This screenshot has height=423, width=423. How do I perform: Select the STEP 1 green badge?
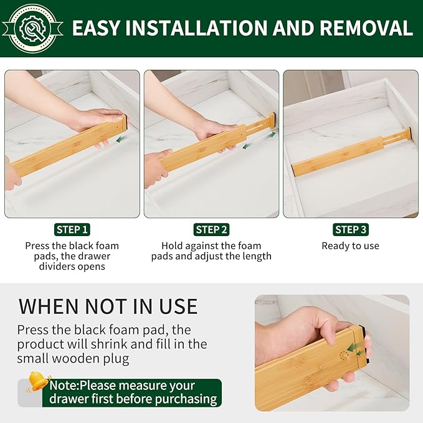pyautogui.click(x=72, y=229)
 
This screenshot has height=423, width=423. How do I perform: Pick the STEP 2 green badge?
pyautogui.click(x=211, y=229)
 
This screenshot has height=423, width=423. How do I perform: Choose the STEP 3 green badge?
pyautogui.click(x=350, y=229)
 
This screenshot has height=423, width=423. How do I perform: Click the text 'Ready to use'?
pyautogui.click(x=350, y=245)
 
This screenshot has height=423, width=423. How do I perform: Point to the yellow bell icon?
pyautogui.click(x=39, y=381)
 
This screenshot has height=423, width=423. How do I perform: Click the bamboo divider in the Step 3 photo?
pyautogui.click(x=349, y=153)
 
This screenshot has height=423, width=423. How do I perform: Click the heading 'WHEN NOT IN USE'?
pyautogui.click(x=108, y=306)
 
